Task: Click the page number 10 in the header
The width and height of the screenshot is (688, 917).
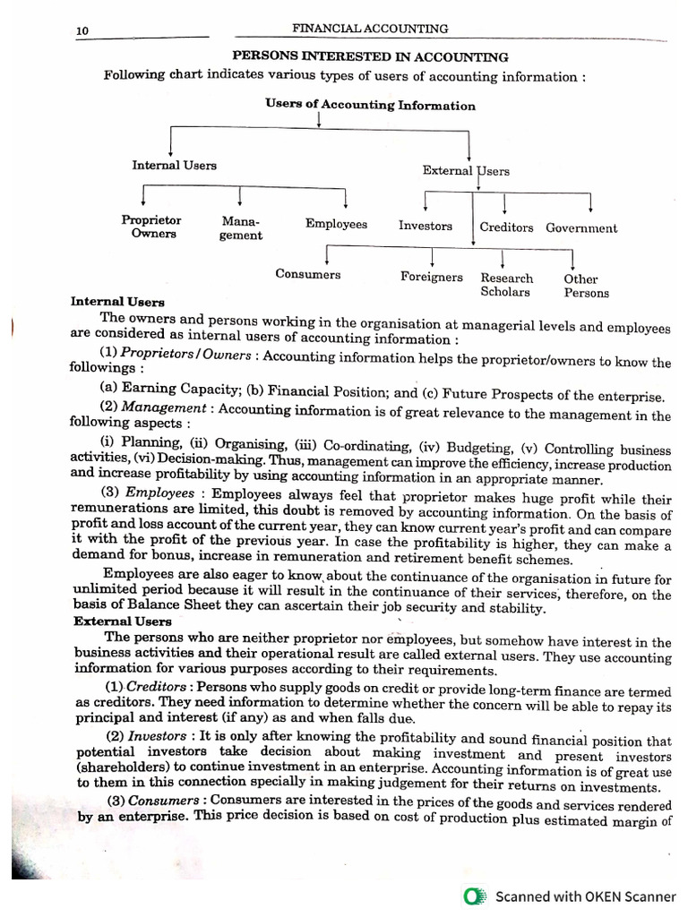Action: point(82,31)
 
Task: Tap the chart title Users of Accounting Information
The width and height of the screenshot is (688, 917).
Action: point(370,105)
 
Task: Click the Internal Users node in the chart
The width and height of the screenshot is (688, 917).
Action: point(174,165)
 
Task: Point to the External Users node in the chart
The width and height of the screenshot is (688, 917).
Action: point(466,170)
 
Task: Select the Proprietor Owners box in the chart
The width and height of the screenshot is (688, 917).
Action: point(151,227)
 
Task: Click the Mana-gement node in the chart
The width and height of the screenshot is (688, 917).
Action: point(240,227)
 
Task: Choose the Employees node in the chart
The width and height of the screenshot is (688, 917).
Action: point(336,224)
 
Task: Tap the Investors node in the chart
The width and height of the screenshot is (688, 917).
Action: point(426,226)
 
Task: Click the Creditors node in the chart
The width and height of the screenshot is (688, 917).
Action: point(506,227)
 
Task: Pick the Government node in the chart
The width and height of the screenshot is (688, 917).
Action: point(581,227)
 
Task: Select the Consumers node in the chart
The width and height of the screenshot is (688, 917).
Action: point(307,274)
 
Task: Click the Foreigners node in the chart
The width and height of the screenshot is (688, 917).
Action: point(432,277)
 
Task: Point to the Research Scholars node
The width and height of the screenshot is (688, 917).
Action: point(506,285)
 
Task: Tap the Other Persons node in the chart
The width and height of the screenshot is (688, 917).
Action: point(586,286)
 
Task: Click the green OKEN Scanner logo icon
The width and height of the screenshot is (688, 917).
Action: point(475,896)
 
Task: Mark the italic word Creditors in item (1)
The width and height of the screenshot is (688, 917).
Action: point(150,686)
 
